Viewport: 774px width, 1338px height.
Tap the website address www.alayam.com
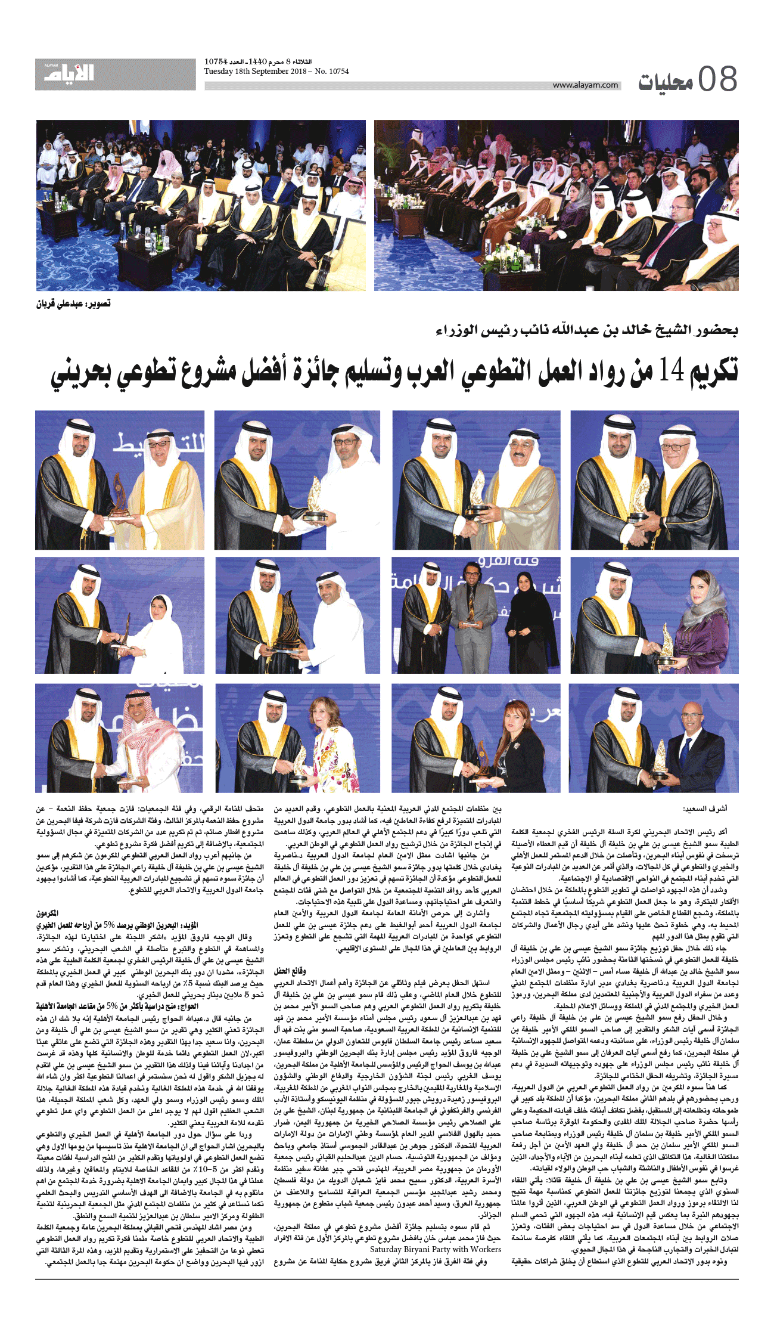(585, 85)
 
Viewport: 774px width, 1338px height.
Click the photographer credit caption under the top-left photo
(73, 304)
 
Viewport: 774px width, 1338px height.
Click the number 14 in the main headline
(670, 371)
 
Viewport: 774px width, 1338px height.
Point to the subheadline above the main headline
(586, 330)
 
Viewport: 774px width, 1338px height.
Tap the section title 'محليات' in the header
(665, 82)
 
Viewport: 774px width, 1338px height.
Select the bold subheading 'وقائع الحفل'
(290, 971)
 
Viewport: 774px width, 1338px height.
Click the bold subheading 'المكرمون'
(47, 913)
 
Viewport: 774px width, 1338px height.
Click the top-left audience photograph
(201, 205)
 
